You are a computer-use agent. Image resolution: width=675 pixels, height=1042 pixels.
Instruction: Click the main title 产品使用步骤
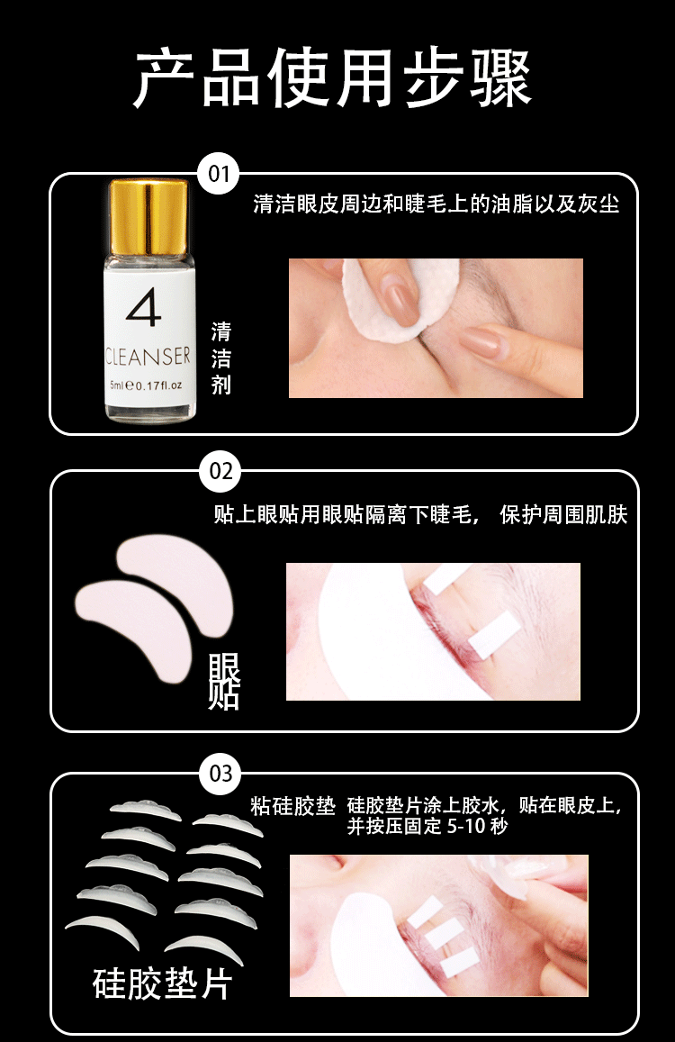click(333, 78)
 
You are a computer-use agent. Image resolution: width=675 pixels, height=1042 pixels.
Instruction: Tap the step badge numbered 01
click(219, 174)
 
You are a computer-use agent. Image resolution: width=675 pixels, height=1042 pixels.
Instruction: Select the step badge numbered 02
click(220, 472)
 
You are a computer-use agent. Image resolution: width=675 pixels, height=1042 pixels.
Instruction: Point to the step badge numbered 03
click(220, 774)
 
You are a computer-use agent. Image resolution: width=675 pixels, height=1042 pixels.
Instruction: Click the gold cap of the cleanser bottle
click(148, 215)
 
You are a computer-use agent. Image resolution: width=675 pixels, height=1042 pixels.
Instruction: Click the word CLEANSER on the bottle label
click(148, 357)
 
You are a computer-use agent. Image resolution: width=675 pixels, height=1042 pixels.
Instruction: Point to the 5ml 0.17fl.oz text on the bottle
click(146, 385)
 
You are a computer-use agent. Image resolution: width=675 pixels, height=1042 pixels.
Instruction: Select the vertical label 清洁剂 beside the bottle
click(221, 358)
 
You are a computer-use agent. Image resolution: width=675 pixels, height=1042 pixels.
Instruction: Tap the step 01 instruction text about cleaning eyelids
click(436, 204)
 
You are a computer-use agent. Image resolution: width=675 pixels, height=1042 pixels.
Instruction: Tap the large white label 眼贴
click(223, 681)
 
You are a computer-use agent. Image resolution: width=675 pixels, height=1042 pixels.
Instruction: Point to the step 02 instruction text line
click(420, 515)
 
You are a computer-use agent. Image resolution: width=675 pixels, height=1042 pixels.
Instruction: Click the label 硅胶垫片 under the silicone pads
click(163, 984)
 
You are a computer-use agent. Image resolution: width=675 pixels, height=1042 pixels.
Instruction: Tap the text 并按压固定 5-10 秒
click(427, 826)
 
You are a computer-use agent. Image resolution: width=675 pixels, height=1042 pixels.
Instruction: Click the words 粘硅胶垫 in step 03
click(293, 806)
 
